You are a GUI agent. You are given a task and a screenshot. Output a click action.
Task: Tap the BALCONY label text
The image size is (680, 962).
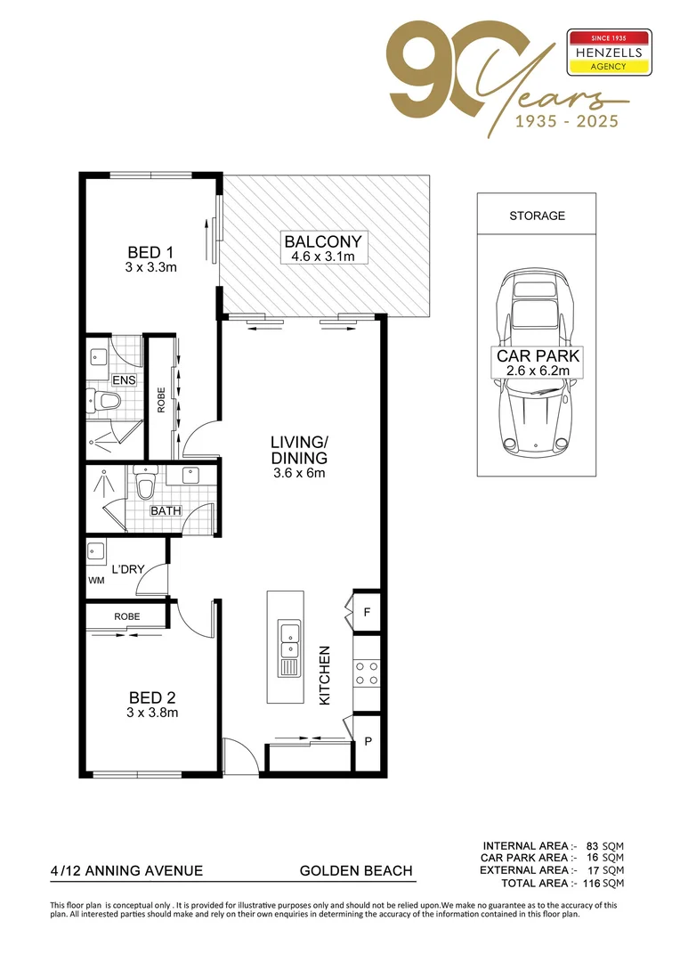[x=322, y=241]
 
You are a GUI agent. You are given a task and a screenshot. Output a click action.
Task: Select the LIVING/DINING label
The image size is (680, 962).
[x=299, y=449]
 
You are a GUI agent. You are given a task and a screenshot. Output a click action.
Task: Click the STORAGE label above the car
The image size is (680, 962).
[x=537, y=216]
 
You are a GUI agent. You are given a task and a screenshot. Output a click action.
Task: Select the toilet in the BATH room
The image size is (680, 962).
[x=144, y=485]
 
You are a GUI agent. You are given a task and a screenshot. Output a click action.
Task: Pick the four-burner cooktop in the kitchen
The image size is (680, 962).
[x=368, y=673]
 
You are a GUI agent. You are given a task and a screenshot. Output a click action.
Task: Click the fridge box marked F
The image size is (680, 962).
[x=368, y=612]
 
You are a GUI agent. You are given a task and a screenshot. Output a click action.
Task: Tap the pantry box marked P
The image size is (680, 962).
[x=368, y=740]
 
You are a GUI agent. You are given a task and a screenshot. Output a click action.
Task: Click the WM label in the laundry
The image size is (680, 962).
[x=96, y=580]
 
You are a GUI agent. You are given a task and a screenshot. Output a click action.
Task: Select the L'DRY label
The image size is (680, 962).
[x=127, y=568]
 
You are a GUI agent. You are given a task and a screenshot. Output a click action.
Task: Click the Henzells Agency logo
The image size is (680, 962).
[x=609, y=53]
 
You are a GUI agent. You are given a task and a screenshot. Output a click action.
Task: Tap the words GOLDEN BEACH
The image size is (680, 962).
[x=356, y=870]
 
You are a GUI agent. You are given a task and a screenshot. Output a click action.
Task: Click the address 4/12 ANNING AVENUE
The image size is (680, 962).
[x=127, y=870]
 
